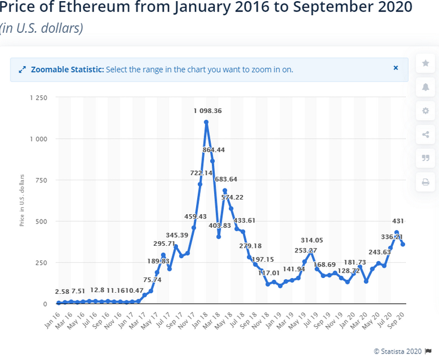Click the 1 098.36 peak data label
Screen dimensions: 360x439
coord(208,111)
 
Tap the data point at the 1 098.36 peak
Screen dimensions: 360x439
coord(207,122)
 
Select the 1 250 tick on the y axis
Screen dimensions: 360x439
coord(39,98)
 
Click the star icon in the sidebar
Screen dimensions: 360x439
coord(426,63)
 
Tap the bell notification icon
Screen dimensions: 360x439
coord(426,87)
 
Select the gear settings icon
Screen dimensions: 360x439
coord(426,111)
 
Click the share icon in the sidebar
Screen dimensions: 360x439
coord(426,135)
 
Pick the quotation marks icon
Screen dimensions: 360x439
coord(426,159)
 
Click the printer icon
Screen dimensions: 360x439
coord(426,183)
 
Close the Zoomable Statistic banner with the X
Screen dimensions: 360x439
coord(396,68)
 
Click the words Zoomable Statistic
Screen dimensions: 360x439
coord(67,69)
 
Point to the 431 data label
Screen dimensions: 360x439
coord(398,221)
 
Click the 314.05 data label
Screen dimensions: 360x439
coord(312,240)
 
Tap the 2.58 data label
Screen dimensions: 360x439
coord(62,292)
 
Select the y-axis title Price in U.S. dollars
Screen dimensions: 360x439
coord(22,200)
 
